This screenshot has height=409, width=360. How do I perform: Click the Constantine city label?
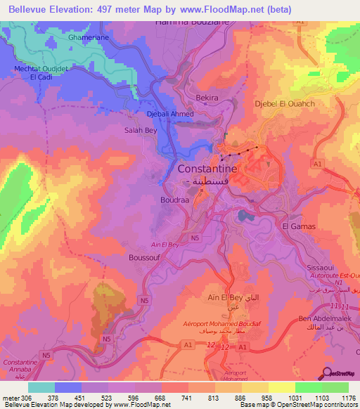(x=207, y=169)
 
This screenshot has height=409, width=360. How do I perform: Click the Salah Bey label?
(x=141, y=130)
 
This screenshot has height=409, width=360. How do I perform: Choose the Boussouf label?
(x=145, y=258)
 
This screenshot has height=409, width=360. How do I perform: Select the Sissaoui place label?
(x=321, y=268)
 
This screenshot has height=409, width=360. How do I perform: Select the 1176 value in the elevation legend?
(x=349, y=397)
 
